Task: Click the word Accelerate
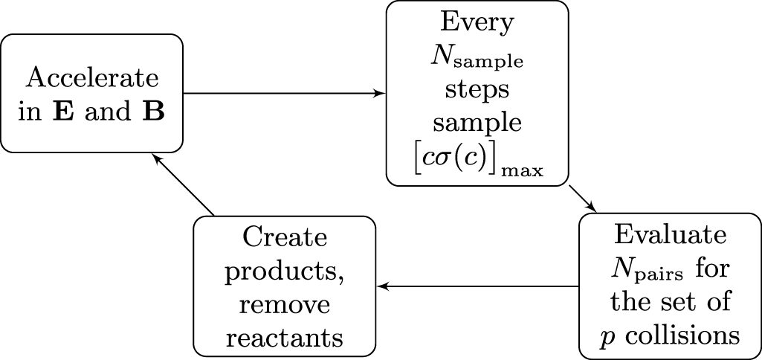(x=92, y=78)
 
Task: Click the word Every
(x=477, y=23)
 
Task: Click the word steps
(x=477, y=90)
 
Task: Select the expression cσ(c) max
(x=478, y=163)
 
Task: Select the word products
(x=285, y=272)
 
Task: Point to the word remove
(x=285, y=305)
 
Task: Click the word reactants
(x=285, y=338)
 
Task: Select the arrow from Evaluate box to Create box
(x=479, y=286)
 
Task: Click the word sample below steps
(x=477, y=123)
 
